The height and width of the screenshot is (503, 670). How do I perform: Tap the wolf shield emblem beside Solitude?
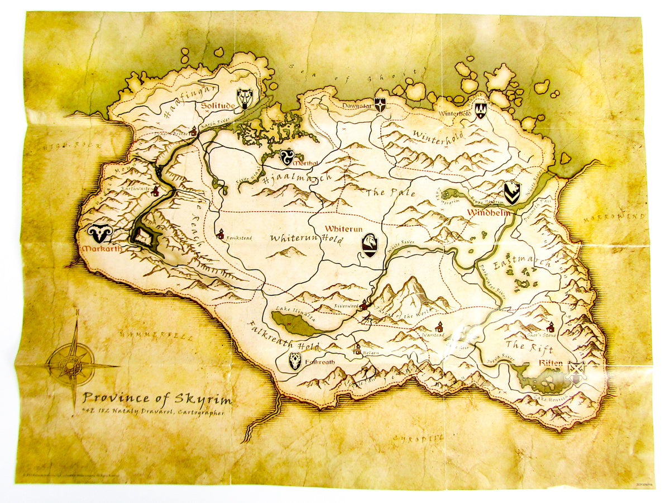[245, 98]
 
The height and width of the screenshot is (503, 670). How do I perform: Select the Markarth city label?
[99, 249]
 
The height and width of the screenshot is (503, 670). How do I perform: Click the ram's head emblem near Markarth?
[100, 232]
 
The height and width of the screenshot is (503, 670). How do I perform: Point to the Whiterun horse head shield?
[370, 245]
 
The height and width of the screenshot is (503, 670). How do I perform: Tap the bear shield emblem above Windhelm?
[511, 193]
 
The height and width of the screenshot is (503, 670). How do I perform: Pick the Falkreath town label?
[320, 362]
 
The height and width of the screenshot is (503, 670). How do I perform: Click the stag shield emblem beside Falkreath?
[295, 362]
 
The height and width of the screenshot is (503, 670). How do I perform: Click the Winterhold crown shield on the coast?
[480, 110]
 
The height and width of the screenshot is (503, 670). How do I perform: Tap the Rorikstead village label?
[238, 238]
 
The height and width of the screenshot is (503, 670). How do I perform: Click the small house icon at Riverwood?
[364, 305]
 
